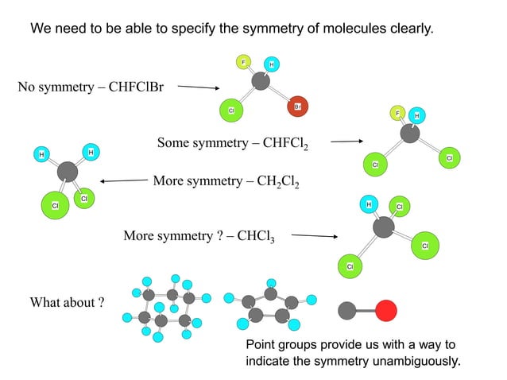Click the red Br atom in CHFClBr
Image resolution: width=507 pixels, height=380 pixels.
coord(296,106)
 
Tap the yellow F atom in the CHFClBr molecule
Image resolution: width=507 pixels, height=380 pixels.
coord(243,62)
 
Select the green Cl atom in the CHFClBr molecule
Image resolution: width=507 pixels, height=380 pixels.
coord(230,111)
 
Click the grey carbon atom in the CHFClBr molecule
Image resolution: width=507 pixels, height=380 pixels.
coord(261,81)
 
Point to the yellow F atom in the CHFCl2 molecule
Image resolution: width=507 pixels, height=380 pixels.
coord(398,113)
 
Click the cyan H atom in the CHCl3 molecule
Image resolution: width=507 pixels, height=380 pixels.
coord(368,205)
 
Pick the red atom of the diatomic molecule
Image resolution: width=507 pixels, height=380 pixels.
coord(386,310)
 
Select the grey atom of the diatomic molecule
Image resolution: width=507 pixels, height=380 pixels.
coord(347,310)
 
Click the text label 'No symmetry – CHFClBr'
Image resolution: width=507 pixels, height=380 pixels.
coord(91,87)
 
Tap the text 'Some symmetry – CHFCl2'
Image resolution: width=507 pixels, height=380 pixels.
coord(233,144)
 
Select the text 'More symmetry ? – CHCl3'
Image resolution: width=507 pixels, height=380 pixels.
coord(199,237)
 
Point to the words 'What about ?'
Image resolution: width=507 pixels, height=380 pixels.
coord(67,303)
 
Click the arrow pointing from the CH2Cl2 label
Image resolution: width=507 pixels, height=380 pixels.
coord(124,180)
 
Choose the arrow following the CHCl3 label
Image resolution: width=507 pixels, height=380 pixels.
coord(314,236)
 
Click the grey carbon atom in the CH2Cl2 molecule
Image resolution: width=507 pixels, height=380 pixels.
coord(68,171)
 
